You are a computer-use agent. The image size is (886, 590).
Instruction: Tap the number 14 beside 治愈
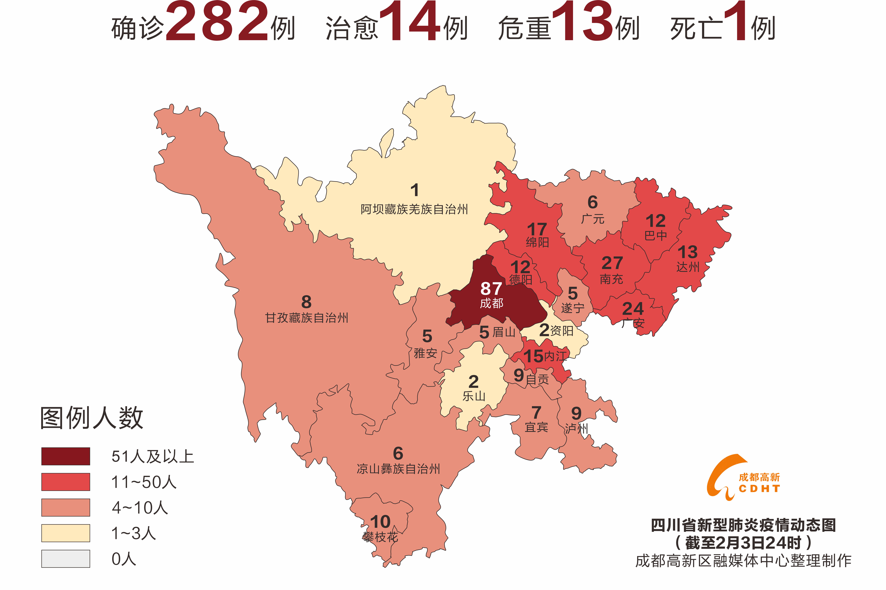[x=410, y=22]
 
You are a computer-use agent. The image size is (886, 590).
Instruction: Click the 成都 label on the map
[x=491, y=303]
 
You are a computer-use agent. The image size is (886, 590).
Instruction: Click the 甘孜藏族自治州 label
[x=307, y=318]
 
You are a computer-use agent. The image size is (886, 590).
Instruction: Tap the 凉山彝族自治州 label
[x=398, y=469]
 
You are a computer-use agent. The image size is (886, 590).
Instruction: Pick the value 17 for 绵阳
[x=537, y=229]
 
